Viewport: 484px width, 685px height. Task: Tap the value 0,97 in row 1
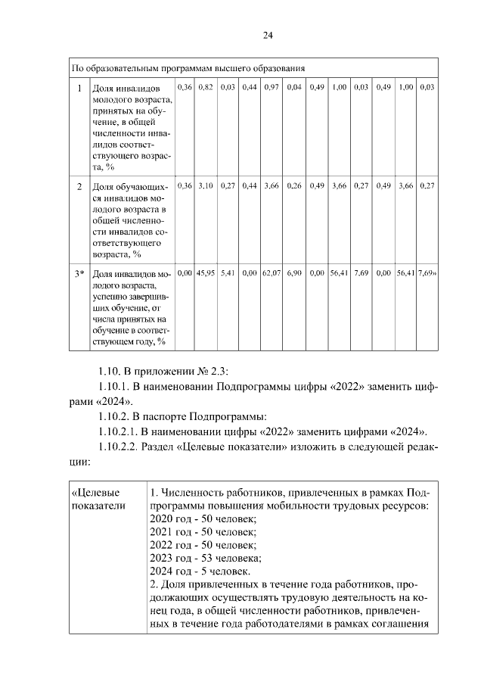tap(272, 88)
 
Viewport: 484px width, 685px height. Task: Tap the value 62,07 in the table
tap(272, 272)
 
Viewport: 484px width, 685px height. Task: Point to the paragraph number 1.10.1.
tap(119, 387)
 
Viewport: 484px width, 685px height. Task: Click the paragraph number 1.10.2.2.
tap(125, 447)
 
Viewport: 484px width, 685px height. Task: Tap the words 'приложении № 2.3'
tap(185, 371)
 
